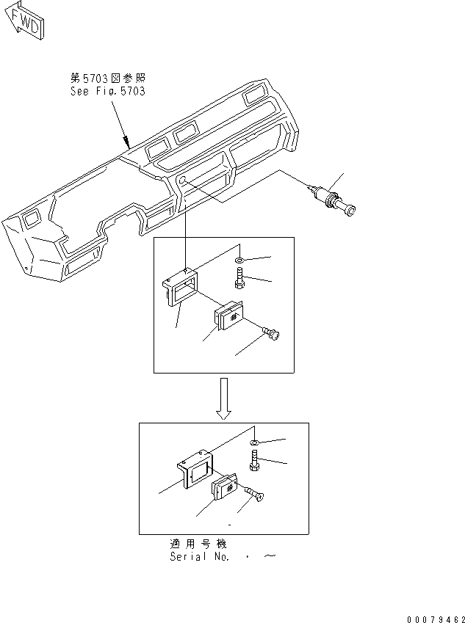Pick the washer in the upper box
pos(242,261)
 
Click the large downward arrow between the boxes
pos(225,399)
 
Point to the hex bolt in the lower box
pos(255,462)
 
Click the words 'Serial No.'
pos(199,557)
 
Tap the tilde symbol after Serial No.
pos(270,557)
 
